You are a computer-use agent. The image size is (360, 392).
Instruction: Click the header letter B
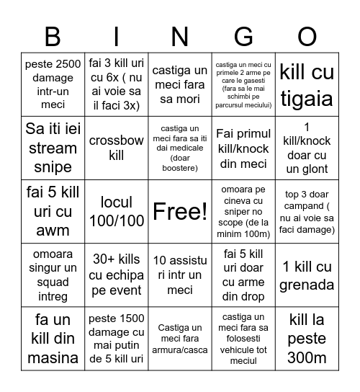(53, 35)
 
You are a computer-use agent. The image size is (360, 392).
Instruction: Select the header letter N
(180, 35)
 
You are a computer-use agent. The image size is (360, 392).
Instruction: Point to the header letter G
(243, 35)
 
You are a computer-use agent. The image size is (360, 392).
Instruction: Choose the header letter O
(307, 35)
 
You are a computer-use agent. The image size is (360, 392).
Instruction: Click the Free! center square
(180, 211)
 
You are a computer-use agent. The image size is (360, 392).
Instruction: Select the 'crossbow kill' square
(117, 148)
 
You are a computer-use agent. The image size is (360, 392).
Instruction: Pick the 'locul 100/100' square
(117, 211)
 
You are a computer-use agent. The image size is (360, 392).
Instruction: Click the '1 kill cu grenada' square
(307, 275)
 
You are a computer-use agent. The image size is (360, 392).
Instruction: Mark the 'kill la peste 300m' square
(307, 339)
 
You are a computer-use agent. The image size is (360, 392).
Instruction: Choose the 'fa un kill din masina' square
(53, 339)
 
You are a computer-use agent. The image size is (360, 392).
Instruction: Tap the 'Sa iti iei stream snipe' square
(53, 148)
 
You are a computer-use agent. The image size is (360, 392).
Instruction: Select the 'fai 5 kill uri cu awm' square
(53, 211)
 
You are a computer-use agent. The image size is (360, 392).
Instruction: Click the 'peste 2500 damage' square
(53, 84)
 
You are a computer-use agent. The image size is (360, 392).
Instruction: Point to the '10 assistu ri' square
(180, 275)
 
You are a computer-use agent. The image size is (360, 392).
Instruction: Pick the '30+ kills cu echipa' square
(117, 275)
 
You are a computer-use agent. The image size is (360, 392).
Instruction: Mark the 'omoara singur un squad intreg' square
(53, 275)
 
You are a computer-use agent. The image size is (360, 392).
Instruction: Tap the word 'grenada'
(307, 285)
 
